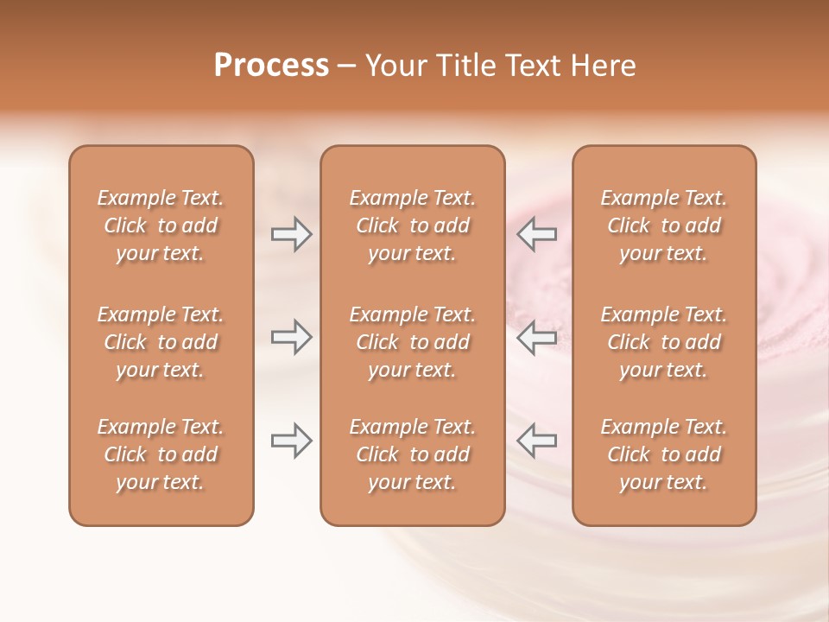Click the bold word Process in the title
click(x=271, y=66)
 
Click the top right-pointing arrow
click(x=291, y=234)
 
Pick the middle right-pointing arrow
click(x=291, y=337)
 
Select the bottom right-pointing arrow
click(x=291, y=441)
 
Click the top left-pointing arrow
click(x=536, y=234)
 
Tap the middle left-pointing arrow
click(x=536, y=337)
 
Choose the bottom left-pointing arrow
click(x=536, y=441)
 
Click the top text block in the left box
click(x=161, y=225)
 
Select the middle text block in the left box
click(x=161, y=342)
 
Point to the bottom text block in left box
click(x=161, y=454)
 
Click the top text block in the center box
click(x=412, y=225)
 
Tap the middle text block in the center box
click(x=412, y=342)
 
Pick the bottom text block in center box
click(x=412, y=454)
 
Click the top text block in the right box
click(x=663, y=225)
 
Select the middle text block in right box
click(x=663, y=342)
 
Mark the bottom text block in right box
click(x=663, y=454)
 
